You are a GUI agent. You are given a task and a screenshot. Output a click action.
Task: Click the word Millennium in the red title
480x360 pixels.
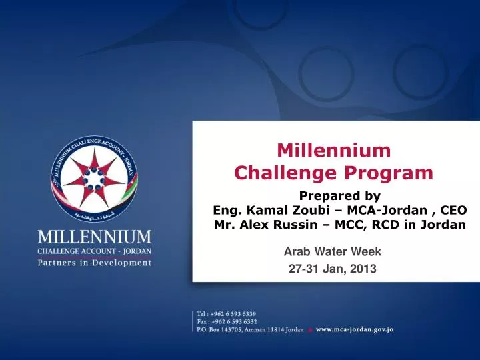coord(334,151)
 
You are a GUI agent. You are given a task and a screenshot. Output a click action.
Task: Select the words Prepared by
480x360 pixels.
coord(339,196)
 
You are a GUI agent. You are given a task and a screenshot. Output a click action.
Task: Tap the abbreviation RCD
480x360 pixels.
coord(394,225)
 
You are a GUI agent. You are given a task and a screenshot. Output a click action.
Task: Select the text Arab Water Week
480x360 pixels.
coord(332,252)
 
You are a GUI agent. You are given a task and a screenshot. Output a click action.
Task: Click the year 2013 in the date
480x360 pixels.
coord(363,269)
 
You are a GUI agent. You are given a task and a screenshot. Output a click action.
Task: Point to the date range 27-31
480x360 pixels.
coord(301,269)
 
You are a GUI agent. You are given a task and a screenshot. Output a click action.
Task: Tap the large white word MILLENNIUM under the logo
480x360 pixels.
coord(95,237)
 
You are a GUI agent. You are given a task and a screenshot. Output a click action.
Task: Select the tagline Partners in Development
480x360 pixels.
coord(95,263)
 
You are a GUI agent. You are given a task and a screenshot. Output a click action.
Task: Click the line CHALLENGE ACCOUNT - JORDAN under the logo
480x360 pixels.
coord(95,251)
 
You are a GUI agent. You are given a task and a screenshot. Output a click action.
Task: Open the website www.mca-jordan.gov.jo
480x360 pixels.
coord(354,329)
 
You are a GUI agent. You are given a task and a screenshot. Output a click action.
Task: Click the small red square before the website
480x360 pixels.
coord(309,330)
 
